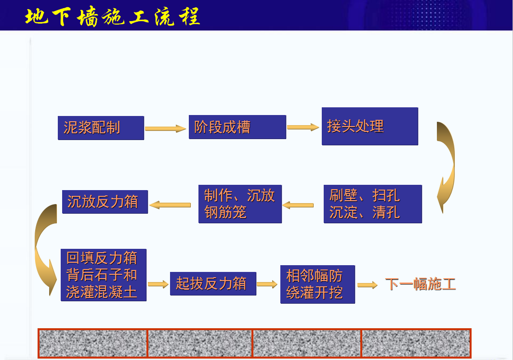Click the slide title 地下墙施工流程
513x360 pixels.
(x=112, y=16)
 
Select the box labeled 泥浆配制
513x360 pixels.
(x=101, y=128)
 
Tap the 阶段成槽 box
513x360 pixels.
(x=237, y=127)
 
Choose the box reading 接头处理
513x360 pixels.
(x=370, y=126)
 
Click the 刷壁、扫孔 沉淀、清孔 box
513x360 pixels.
(x=373, y=204)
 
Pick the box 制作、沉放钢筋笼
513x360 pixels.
(x=240, y=204)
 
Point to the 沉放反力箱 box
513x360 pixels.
(x=105, y=202)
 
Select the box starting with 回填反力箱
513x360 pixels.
(x=104, y=275)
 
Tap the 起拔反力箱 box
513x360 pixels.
(x=213, y=283)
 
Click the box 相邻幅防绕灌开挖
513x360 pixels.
(x=318, y=284)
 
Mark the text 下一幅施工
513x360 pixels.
(x=421, y=284)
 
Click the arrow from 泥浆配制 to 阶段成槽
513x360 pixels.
(x=166, y=129)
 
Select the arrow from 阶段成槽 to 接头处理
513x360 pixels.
(x=303, y=127)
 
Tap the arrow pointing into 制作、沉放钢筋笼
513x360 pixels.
(x=298, y=206)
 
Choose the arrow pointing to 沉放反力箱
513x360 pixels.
(x=170, y=205)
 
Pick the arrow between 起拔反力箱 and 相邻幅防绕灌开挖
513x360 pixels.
(x=267, y=284)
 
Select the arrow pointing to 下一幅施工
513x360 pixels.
(x=368, y=285)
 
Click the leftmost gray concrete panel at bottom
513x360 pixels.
(x=93, y=343)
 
